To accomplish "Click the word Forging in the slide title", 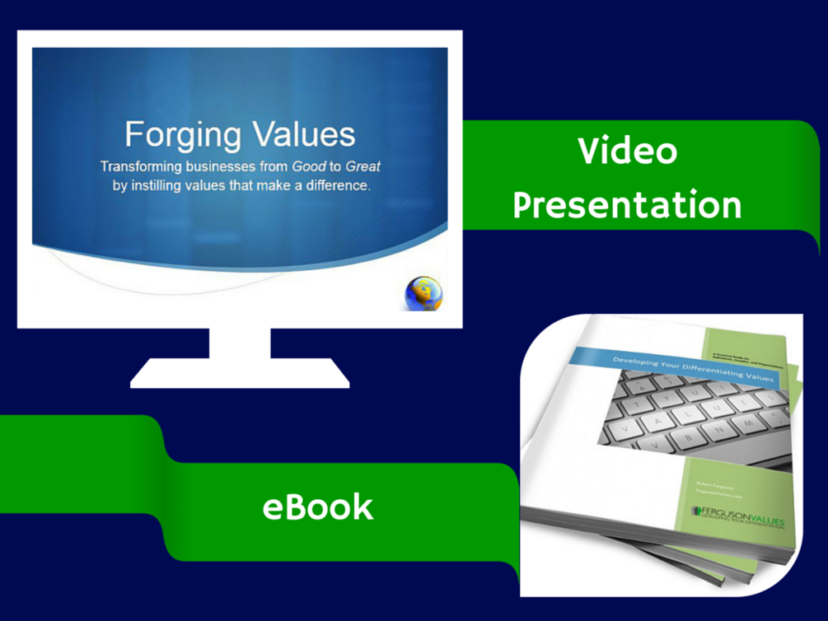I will pyautogui.click(x=179, y=134).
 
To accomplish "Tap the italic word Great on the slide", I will pyautogui.click(x=363, y=166).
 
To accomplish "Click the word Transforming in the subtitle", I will pyautogui.click(x=142, y=166).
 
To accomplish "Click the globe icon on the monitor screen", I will pyautogui.click(x=423, y=294).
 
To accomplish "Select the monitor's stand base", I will pyautogui.click(x=239, y=374).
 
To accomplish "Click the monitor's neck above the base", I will pyautogui.click(x=240, y=343).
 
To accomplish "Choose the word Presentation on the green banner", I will pyautogui.click(x=627, y=204).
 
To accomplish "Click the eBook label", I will pyautogui.click(x=317, y=507).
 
